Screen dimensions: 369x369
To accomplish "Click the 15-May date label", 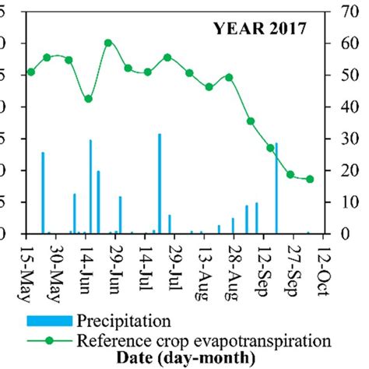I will (30, 267).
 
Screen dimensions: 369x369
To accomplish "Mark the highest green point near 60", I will (108, 43).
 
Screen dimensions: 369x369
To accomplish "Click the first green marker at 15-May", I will (31, 72).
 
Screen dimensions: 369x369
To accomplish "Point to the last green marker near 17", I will (310, 179).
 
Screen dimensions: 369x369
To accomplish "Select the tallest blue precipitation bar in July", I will (160, 183).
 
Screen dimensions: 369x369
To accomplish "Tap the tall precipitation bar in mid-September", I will (276, 188).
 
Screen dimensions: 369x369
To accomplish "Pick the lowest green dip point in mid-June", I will (89, 99).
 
